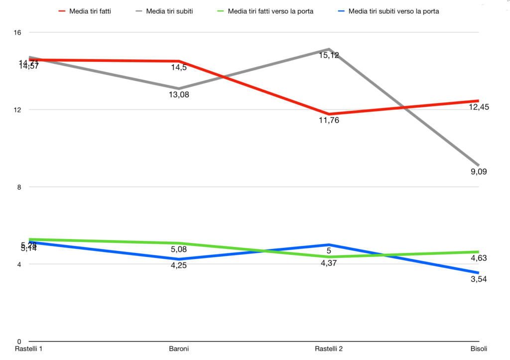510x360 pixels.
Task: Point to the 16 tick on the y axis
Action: [17, 32]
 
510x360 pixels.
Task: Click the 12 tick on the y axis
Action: [17, 110]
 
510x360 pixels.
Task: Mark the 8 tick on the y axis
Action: [19, 187]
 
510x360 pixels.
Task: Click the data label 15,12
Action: [329, 55]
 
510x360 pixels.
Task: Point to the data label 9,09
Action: [479, 172]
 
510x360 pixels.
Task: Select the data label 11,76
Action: [329, 120]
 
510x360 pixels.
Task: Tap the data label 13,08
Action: [179, 95]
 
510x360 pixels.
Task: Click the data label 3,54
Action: [479, 279]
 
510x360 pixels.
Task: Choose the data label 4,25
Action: [179, 265]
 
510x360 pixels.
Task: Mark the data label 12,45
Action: [479, 107]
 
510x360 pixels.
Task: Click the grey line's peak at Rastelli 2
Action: [329, 49]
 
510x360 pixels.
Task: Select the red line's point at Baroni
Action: [179, 61]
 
